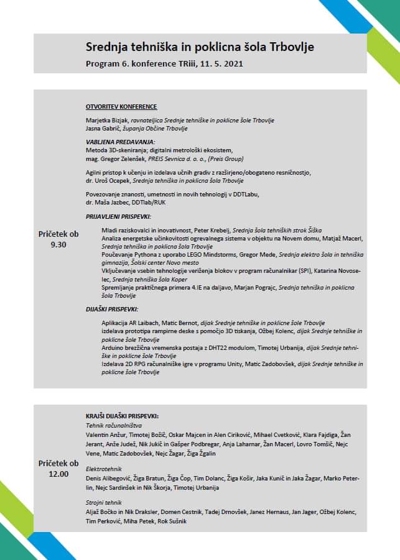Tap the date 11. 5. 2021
[x=220, y=63]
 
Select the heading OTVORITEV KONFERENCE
[x=121, y=107]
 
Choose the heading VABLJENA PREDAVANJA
[x=120, y=142]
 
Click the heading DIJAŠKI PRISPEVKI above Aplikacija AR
[x=112, y=309]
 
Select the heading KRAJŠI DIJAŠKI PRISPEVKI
[x=123, y=416]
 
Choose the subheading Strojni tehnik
[x=103, y=502]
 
